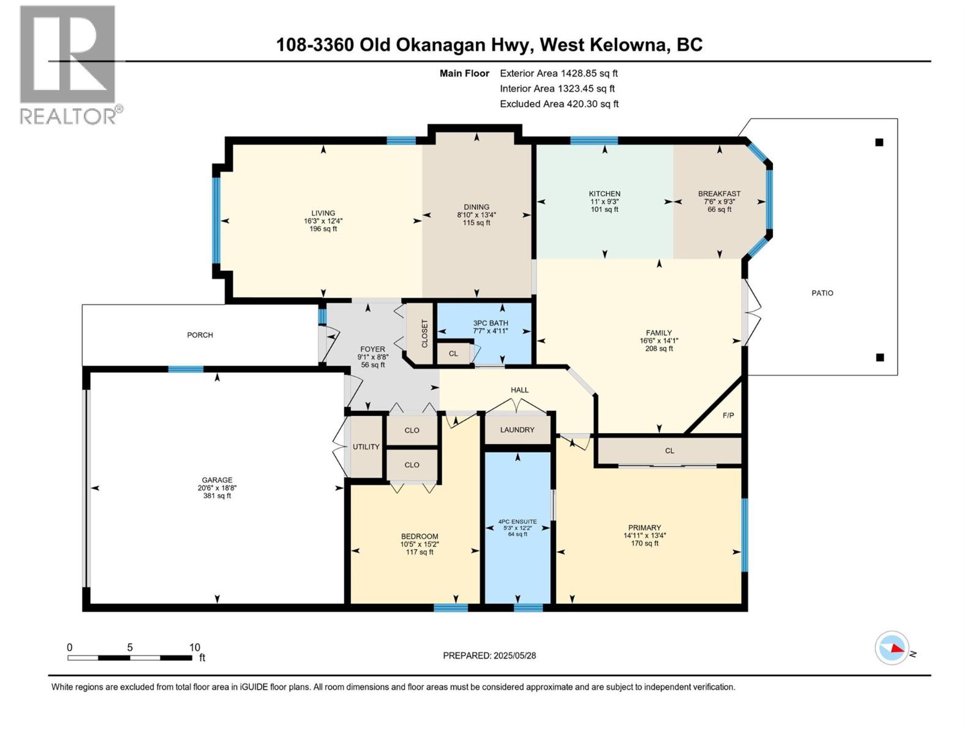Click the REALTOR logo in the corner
click(x=70, y=64)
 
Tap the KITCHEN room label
click(x=604, y=194)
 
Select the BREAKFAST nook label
click(x=719, y=194)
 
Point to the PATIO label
click(x=822, y=293)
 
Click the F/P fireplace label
click(x=728, y=415)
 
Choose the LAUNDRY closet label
click(x=517, y=430)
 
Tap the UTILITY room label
click(x=366, y=447)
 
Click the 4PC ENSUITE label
click(x=518, y=521)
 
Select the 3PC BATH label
click(x=490, y=323)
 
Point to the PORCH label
click(x=200, y=335)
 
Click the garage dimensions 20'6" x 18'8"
click(x=217, y=488)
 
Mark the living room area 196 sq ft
click(x=323, y=229)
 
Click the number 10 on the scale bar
click(x=195, y=647)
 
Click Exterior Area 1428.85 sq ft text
click(x=559, y=73)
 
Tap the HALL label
click(x=519, y=390)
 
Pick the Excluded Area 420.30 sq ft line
click(x=559, y=104)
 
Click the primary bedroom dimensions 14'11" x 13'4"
click(x=645, y=535)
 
